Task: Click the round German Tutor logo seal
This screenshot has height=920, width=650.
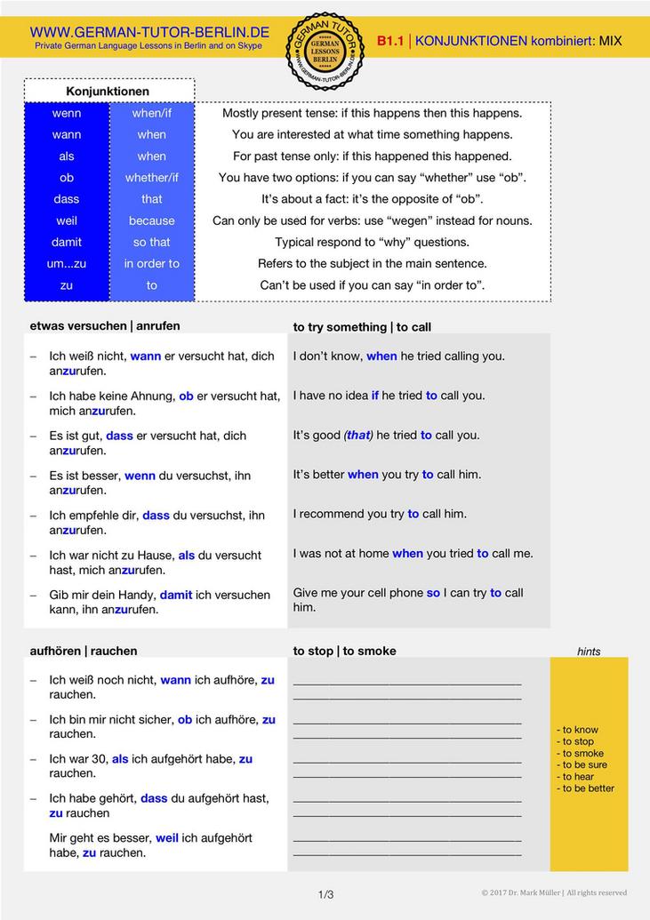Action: tap(325, 51)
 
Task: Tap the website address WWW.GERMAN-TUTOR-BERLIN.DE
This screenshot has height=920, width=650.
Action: tap(149, 32)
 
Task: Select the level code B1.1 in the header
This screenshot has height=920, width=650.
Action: tap(389, 41)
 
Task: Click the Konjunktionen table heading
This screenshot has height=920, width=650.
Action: tap(108, 92)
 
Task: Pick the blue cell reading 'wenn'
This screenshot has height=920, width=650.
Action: tap(67, 113)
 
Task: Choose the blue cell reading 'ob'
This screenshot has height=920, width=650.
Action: tap(67, 178)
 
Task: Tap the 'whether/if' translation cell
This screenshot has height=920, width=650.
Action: tap(151, 178)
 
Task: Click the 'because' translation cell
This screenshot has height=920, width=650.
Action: tap(151, 220)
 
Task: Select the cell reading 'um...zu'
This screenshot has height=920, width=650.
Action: tap(67, 264)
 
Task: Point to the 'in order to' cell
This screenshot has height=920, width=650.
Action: tap(151, 264)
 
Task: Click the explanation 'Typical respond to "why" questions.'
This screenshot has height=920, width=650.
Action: tap(372, 242)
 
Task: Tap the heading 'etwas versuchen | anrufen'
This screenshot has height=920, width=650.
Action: tap(105, 325)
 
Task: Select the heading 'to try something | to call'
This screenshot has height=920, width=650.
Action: tap(362, 327)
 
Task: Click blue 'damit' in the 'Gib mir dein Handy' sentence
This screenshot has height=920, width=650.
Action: tap(176, 595)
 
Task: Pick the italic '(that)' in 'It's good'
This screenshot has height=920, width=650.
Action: tap(358, 435)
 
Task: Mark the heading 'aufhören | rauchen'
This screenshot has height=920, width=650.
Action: tap(84, 651)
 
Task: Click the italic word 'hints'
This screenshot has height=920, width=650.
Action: tap(589, 652)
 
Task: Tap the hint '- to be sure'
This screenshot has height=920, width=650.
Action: tap(582, 764)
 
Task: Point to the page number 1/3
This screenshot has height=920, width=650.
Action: tap(325, 894)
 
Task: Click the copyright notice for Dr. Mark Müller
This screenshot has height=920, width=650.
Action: tap(554, 892)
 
